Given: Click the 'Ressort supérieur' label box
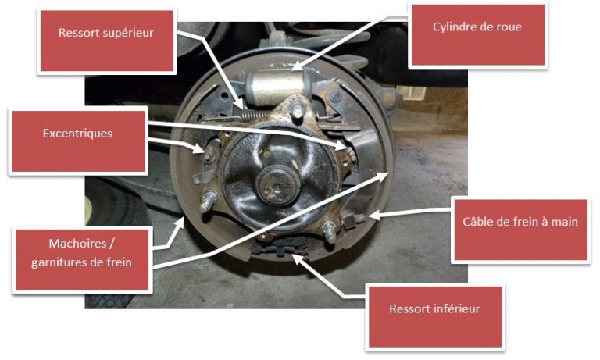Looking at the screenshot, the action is click(x=107, y=41).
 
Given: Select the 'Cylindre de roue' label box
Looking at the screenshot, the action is click(x=478, y=35).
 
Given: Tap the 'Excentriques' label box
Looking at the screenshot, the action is click(x=78, y=141).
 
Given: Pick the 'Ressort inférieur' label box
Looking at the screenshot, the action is click(x=435, y=317).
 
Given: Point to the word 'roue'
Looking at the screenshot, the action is click(x=509, y=27).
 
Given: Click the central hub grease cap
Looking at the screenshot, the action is click(x=277, y=185).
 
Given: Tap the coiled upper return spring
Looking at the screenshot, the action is click(x=254, y=114).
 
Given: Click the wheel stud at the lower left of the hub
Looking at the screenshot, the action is click(x=208, y=201).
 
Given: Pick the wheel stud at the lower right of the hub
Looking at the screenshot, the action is click(x=329, y=231).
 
